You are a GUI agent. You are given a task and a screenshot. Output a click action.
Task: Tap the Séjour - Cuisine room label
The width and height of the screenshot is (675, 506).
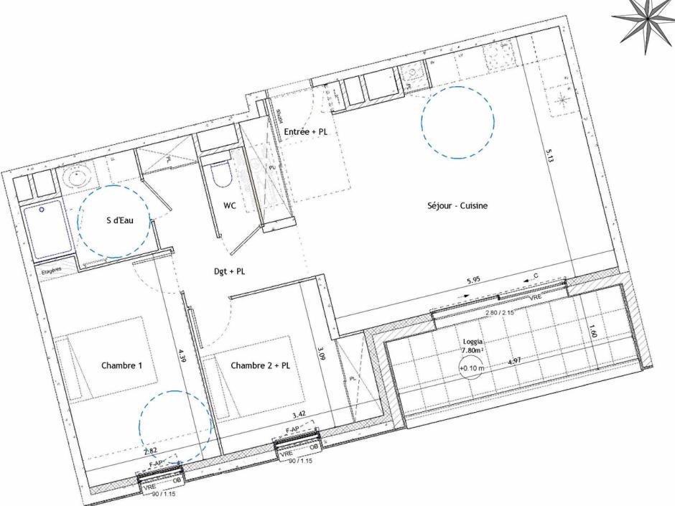(x=457, y=206)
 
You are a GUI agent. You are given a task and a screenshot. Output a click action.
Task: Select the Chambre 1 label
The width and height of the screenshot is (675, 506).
(x=121, y=365)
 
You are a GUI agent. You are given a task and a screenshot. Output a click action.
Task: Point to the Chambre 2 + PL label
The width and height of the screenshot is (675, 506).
(x=261, y=365)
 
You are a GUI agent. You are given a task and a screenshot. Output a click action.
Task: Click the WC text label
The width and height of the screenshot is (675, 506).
(x=230, y=205)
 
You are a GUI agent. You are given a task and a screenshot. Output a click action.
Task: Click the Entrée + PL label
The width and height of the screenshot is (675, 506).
(x=305, y=132)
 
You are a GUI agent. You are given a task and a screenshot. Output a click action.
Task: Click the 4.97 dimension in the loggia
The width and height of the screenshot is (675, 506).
(x=514, y=362)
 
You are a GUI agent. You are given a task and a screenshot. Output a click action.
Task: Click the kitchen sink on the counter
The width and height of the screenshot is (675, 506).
(x=412, y=73)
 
